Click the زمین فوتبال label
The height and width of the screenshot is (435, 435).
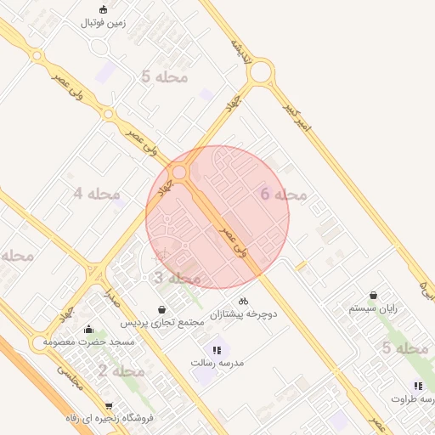(x=103, y=23)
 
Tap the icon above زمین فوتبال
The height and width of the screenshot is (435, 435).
(x=103, y=9)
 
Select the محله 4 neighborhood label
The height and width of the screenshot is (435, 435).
(x=96, y=194)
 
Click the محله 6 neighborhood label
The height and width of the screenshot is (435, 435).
(x=283, y=195)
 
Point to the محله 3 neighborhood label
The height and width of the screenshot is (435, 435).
(x=177, y=278)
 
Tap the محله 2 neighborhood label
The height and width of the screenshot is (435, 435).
(x=121, y=370)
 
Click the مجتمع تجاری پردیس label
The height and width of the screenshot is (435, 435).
(x=161, y=323)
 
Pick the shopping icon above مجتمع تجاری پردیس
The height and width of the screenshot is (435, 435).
(x=161, y=309)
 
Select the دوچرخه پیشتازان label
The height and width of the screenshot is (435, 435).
(x=244, y=314)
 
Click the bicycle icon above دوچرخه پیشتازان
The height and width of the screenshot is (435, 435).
(x=244, y=301)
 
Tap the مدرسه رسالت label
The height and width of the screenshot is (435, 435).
(x=216, y=363)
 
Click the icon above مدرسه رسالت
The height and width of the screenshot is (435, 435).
(x=215, y=349)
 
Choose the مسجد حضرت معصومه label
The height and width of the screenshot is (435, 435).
(x=89, y=342)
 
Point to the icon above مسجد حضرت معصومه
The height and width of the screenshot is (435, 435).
(x=88, y=330)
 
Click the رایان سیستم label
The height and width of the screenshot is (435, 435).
(x=374, y=308)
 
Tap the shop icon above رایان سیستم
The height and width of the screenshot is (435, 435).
(x=373, y=295)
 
